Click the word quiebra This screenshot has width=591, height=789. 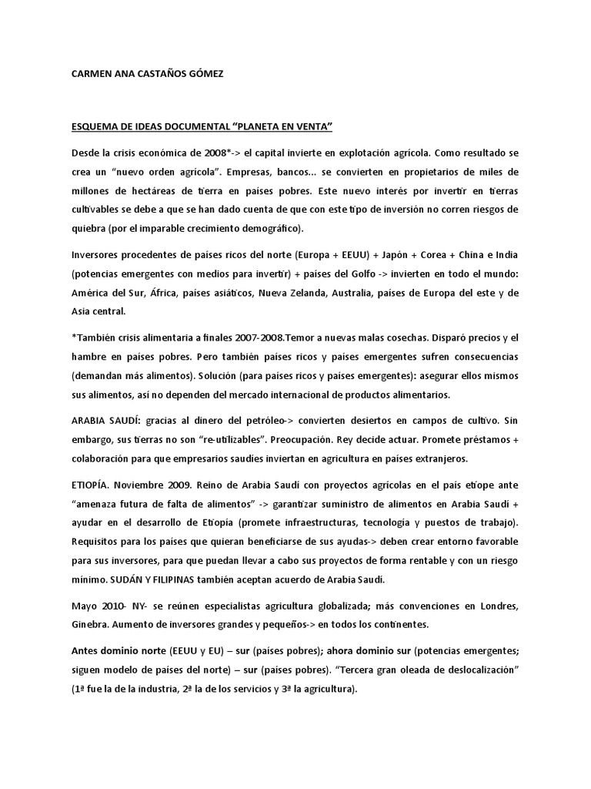click(91, 227)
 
